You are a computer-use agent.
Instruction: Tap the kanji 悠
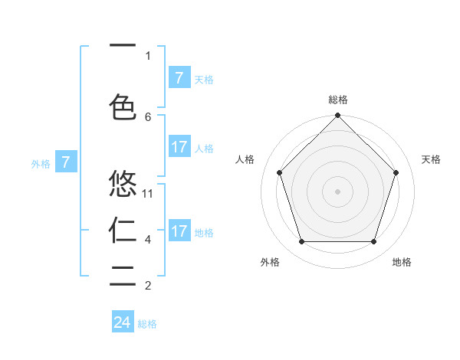click(x=123, y=184)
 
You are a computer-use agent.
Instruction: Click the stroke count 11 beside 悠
click(x=148, y=194)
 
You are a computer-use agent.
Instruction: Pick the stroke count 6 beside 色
click(x=148, y=116)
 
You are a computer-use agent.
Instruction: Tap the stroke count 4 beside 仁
click(x=148, y=240)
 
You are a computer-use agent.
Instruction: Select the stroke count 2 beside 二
click(x=148, y=286)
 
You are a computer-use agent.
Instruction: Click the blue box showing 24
click(x=123, y=322)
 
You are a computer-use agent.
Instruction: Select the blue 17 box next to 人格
click(x=179, y=147)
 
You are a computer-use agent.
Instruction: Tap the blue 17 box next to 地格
click(x=179, y=231)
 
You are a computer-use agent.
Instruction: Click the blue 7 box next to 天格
click(x=179, y=77)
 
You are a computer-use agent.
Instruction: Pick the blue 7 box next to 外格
click(x=66, y=162)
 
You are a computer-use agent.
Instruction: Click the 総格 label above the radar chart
click(x=338, y=100)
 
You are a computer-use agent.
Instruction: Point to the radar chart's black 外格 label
click(x=270, y=262)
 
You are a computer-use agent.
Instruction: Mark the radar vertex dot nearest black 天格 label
click(x=396, y=172)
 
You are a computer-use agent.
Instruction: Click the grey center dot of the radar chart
click(x=337, y=191)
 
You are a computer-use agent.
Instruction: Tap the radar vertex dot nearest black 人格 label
click(x=279, y=172)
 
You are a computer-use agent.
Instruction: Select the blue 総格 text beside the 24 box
click(x=147, y=324)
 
